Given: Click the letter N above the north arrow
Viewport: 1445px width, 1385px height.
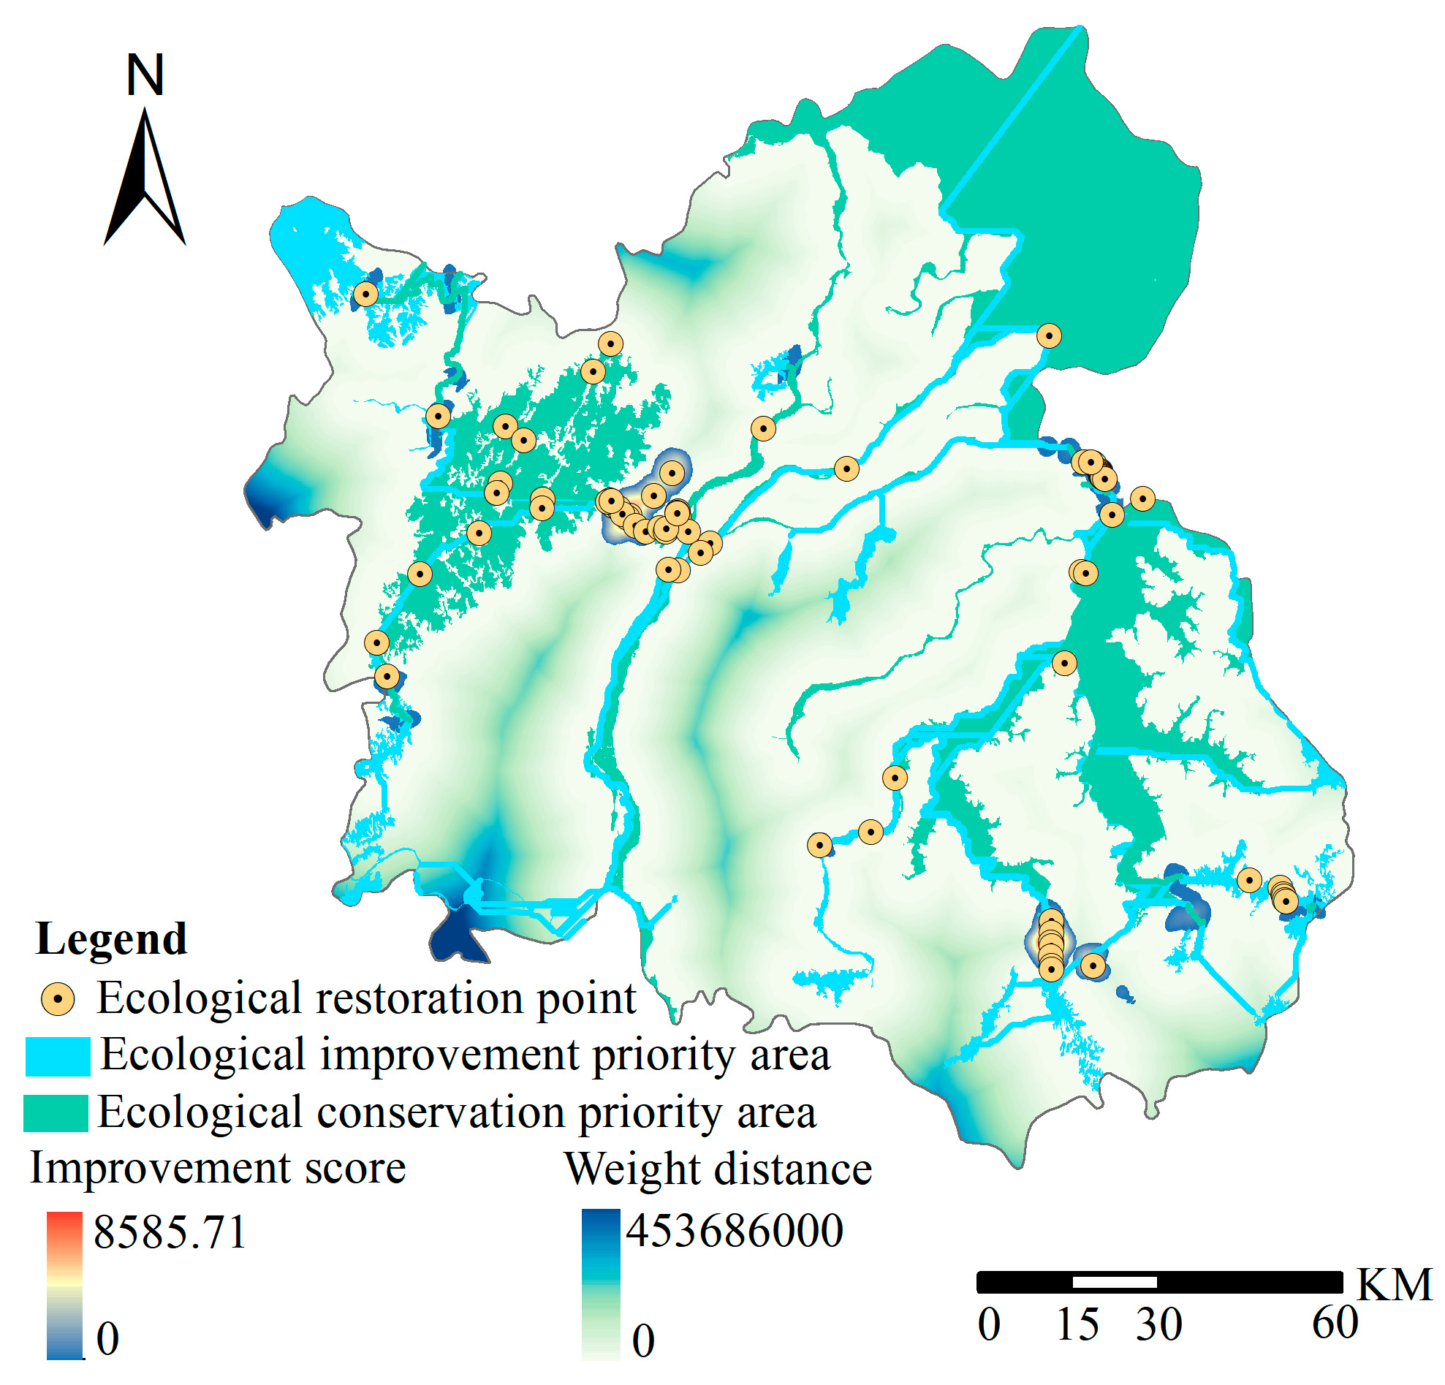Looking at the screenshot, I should point(145,75).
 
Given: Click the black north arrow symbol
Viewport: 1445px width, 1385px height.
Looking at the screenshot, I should point(145,181).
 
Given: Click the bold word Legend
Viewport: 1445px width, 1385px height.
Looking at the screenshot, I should point(111,939).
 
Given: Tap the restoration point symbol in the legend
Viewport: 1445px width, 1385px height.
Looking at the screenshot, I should point(58,1000).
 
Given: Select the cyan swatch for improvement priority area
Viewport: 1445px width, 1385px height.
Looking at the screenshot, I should point(58,1056).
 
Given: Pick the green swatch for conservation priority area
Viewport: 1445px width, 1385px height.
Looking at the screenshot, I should point(56,1113).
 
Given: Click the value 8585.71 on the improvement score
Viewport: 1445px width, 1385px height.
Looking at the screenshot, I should point(170,1232).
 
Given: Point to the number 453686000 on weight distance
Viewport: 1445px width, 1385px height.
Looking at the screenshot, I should point(735,1230).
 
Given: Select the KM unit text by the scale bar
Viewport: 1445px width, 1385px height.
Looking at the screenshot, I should point(1394,1286).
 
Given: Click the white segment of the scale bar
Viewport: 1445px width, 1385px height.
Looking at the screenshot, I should point(1114,1282).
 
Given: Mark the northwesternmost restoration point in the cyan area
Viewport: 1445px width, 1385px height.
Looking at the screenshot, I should point(365,295).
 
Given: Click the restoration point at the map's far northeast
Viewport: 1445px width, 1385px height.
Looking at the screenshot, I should point(1049,336).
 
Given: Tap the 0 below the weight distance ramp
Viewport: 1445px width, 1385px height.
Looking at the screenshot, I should point(643,1340).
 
